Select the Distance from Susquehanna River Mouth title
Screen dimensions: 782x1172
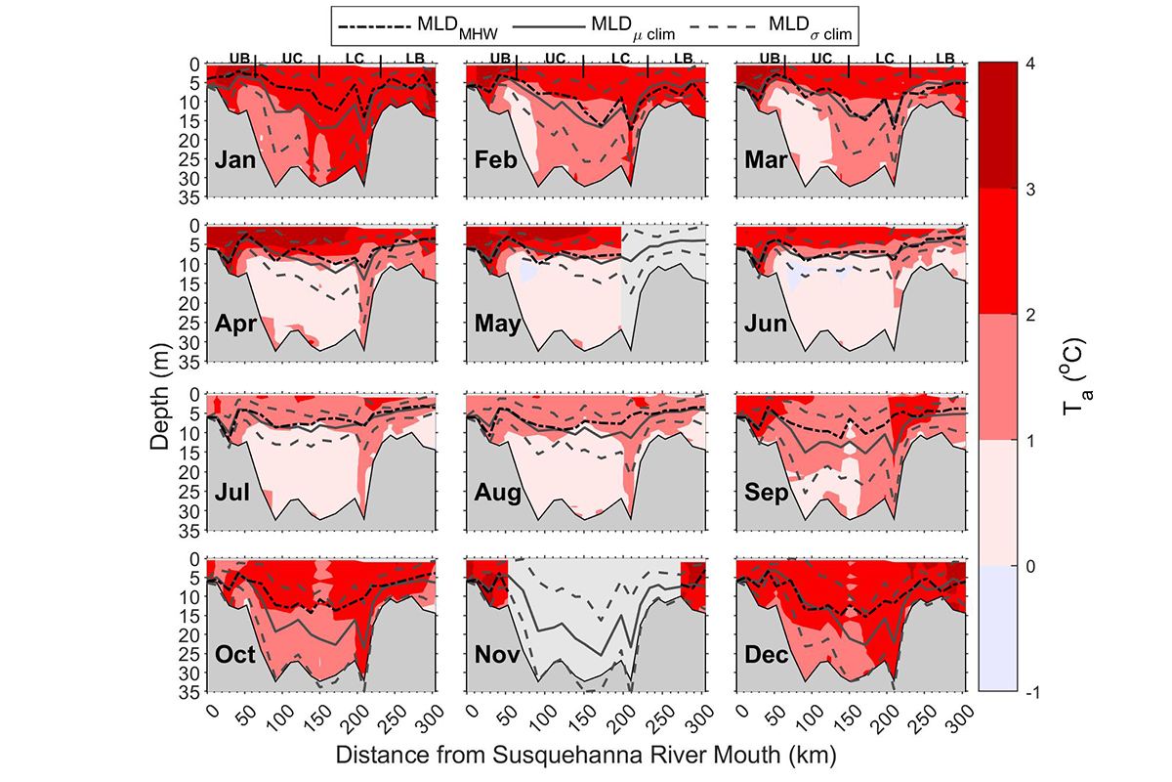[586, 756]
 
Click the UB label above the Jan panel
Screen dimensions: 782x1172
[239, 59]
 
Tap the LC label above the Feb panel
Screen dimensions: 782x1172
[620, 59]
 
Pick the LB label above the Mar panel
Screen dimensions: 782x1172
[944, 59]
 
